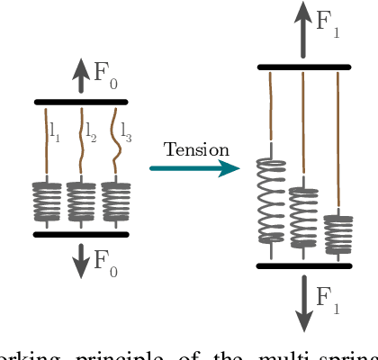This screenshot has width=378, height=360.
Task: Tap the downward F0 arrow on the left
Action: [81, 257]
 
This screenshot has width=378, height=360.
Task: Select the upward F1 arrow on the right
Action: [303, 31]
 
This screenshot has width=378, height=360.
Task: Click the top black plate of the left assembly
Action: [81, 102]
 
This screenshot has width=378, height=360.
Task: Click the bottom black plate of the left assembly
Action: [81, 234]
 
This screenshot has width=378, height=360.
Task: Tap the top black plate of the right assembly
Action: [303, 67]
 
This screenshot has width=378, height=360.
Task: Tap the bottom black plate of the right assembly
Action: [303, 265]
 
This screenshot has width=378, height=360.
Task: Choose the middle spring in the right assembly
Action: [303, 214]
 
